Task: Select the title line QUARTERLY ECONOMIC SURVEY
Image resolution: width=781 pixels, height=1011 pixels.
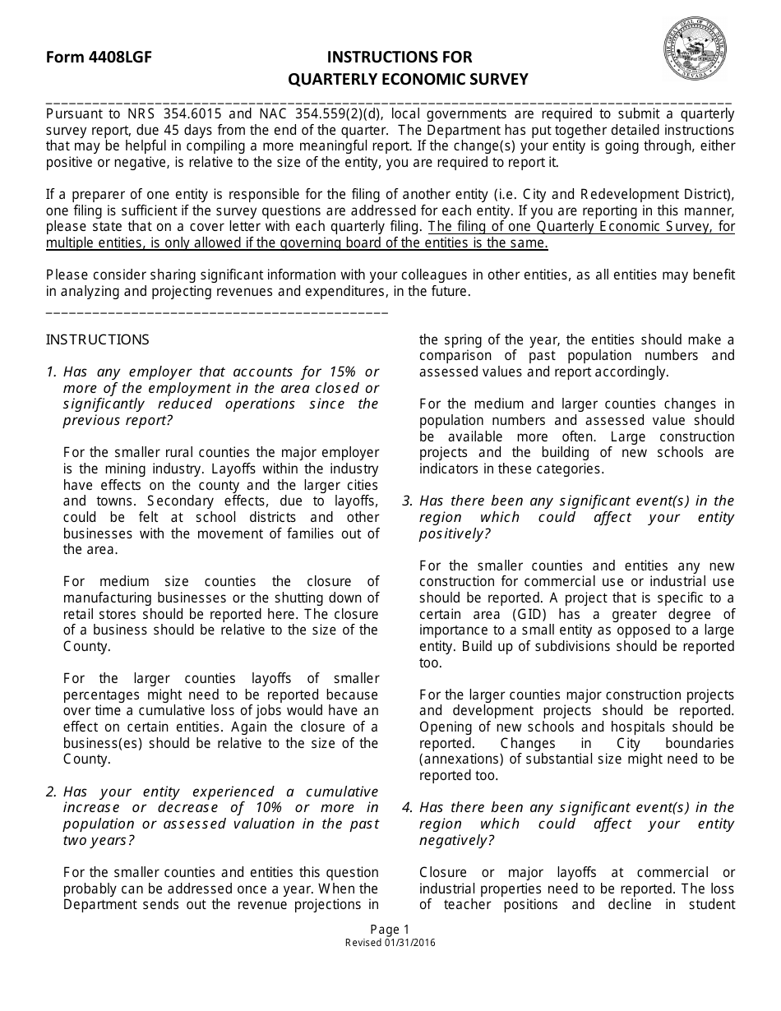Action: [x=407, y=80]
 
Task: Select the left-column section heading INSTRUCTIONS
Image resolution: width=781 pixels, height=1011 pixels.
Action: [x=98, y=339]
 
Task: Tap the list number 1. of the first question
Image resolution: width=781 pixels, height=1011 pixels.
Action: [x=52, y=372]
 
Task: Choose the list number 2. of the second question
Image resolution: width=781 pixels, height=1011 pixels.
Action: [x=52, y=792]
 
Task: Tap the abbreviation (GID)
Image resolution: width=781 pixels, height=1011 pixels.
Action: [x=536, y=614]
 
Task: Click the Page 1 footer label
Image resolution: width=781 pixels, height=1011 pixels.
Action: [x=390, y=930]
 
